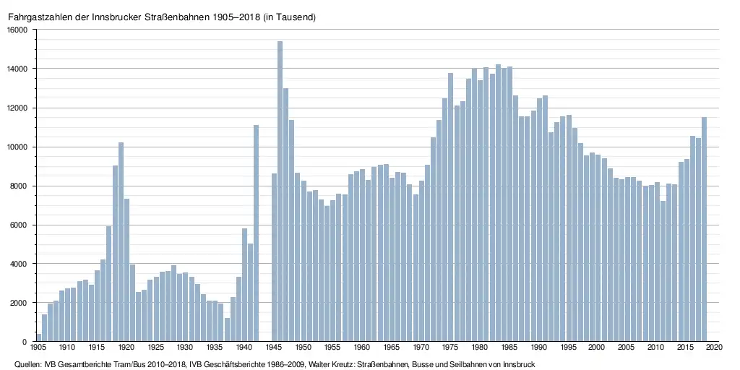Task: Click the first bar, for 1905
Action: tap(44, 328)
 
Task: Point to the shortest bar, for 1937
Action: tap(227, 330)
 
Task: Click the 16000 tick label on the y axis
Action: tap(17, 30)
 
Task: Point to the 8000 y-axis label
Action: tap(19, 186)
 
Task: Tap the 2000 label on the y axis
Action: tap(19, 303)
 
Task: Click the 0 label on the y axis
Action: tap(25, 342)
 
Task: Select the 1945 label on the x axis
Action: tap(275, 348)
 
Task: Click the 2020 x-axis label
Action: tap(715, 348)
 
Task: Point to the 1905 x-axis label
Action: tap(38, 348)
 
